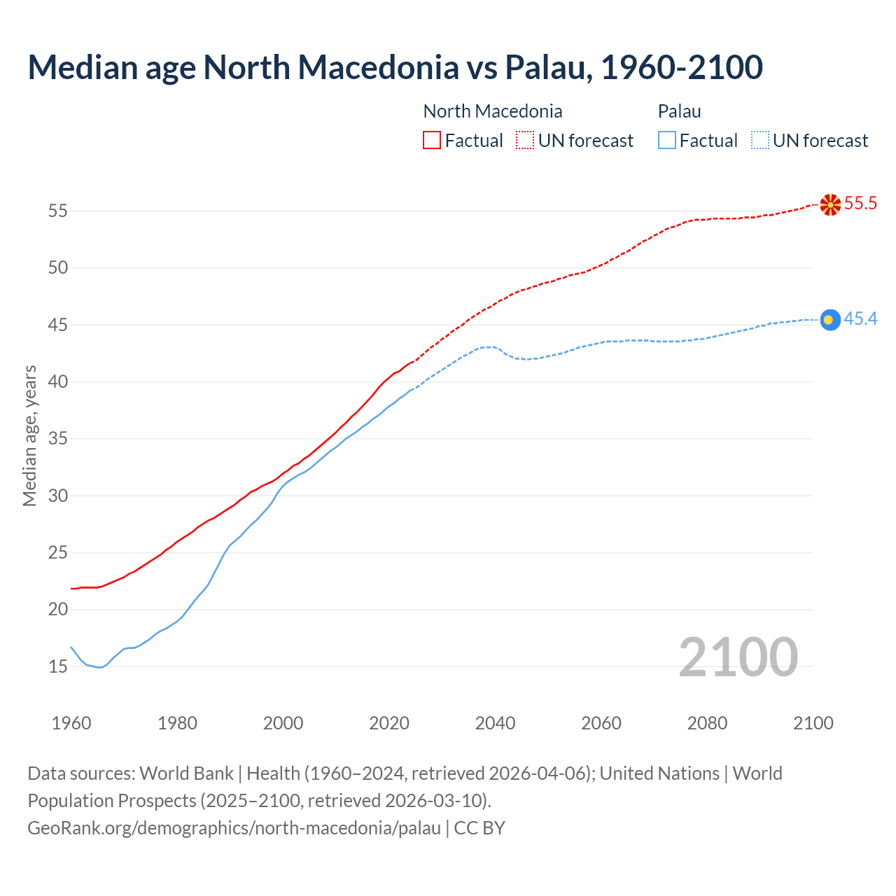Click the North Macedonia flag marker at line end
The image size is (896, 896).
[829, 204]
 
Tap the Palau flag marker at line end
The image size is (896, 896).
[829, 320]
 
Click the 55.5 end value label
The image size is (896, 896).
[860, 204]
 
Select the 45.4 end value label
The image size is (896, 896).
[860, 319]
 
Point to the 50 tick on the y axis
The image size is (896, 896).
[58, 268]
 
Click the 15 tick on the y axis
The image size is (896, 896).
[58, 666]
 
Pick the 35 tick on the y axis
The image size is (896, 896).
[58, 439]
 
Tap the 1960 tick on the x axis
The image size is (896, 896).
[71, 723]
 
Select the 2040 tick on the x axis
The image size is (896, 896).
[495, 723]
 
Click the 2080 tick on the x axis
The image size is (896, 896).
[707, 723]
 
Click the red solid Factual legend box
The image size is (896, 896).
[432, 141]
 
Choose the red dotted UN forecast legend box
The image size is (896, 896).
[525, 141]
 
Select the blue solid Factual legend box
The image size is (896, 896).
[667, 141]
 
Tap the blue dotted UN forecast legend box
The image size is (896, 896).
[759, 141]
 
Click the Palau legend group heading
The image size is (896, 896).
[679, 111]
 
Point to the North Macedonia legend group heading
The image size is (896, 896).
[493, 111]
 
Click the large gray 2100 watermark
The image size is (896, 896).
[738, 657]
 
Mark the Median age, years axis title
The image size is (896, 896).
[29, 435]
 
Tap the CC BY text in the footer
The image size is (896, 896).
[479, 828]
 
